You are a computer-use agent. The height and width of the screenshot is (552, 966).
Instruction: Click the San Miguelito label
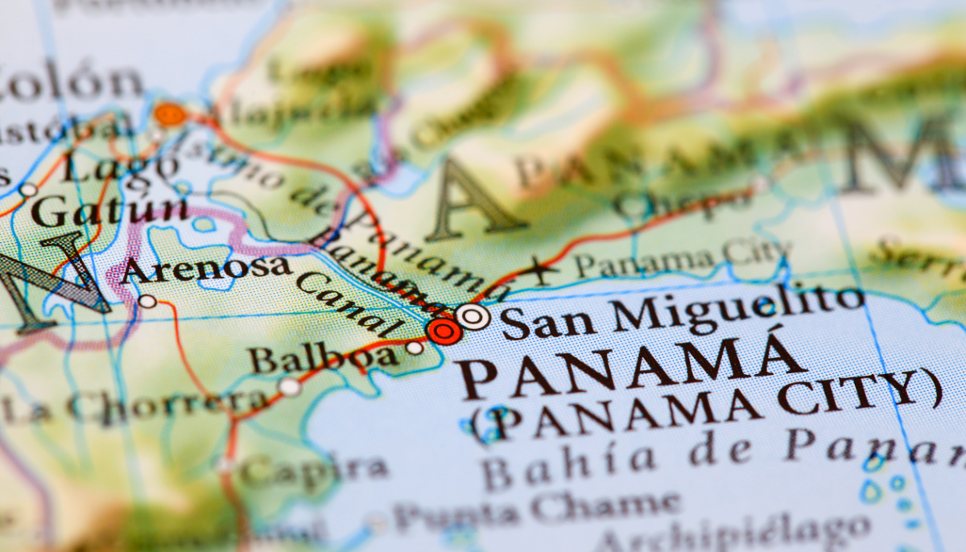(681, 310)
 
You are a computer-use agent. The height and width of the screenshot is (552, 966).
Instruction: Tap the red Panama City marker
(444, 330)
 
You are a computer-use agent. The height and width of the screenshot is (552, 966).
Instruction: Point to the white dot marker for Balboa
(415, 348)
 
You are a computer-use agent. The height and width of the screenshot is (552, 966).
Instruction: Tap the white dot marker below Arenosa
(147, 301)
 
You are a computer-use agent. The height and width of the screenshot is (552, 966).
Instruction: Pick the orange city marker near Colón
(170, 114)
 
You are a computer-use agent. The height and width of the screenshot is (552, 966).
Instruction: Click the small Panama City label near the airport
(681, 257)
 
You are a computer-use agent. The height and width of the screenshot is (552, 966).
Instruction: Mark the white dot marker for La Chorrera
(289, 387)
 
